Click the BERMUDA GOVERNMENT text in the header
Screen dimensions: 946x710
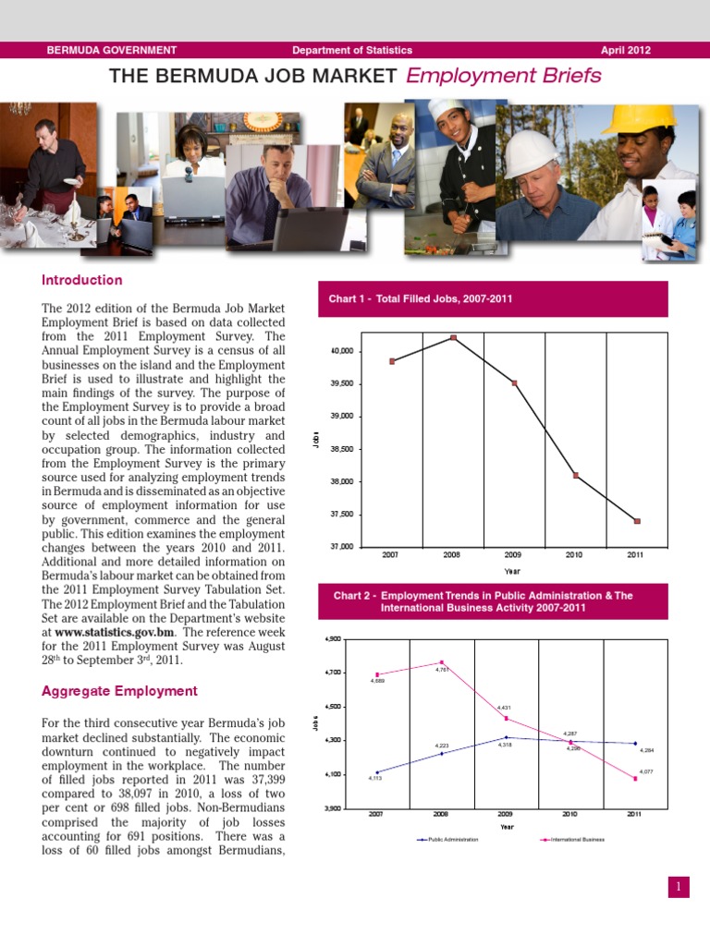[x=112, y=50]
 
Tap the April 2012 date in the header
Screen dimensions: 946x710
[x=626, y=50]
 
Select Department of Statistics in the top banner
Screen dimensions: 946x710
[x=352, y=50]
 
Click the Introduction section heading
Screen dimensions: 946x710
[x=82, y=280]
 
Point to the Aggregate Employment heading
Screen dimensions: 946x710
[x=119, y=691]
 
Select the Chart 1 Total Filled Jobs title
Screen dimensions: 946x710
[x=421, y=298]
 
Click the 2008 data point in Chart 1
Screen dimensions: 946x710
[x=453, y=337]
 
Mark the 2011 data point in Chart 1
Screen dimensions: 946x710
[x=636, y=521]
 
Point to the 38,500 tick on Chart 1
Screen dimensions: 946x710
[x=341, y=449]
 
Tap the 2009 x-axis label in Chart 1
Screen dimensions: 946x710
[x=513, y=555]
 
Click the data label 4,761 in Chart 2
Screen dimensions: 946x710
[x=443, y=671]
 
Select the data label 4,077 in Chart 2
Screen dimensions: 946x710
[x=646, y=770]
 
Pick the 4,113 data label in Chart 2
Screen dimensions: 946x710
[x=376, y=780]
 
